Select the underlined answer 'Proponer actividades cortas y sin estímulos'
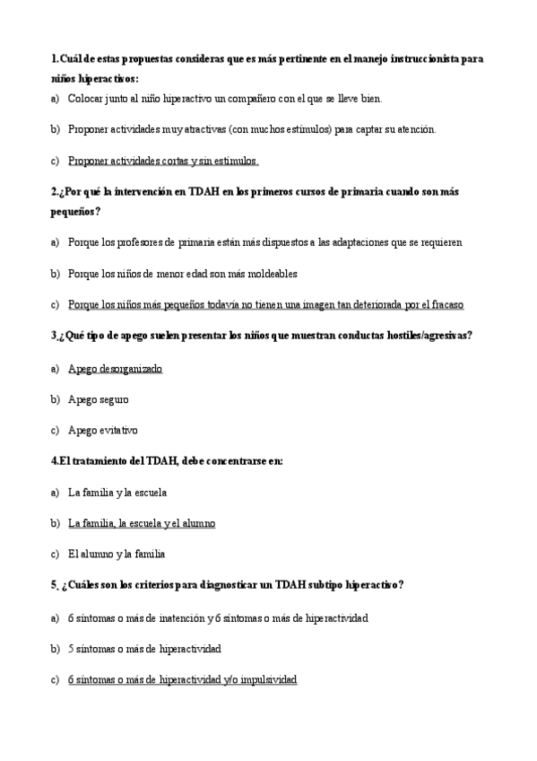[163, 162]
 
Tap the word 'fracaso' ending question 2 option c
[446, 305]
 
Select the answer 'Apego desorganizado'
[116, 369]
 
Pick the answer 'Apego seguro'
[99, 400]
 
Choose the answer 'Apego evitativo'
[103, 431]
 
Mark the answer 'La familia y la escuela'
[117, 493]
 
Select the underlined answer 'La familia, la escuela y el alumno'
[142, 524]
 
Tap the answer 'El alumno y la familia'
[117, 555]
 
